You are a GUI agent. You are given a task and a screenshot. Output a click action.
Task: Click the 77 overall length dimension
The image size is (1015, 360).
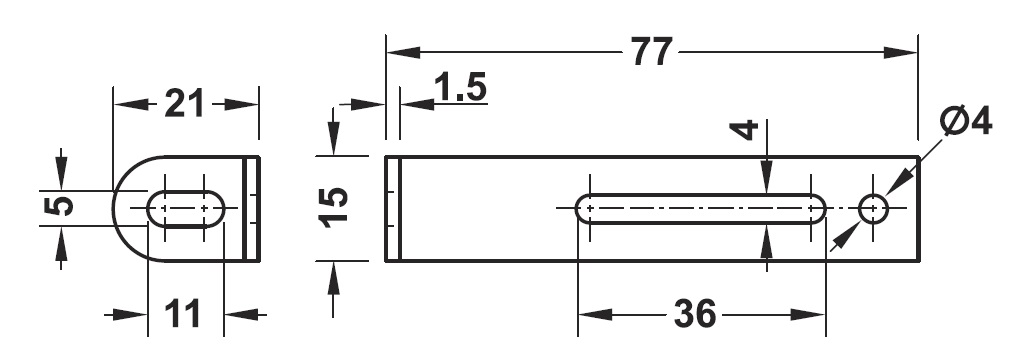point(652,52)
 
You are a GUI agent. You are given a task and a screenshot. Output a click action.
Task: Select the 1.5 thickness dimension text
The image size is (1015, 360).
point(460,87)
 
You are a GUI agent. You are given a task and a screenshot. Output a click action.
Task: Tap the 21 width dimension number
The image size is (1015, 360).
point(184,104)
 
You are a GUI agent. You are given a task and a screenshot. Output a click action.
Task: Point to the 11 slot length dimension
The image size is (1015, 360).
point(183,315)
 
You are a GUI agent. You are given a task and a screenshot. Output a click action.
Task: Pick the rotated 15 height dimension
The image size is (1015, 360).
point(334,207)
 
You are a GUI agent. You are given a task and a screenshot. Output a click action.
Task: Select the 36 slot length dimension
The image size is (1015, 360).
point(695,315)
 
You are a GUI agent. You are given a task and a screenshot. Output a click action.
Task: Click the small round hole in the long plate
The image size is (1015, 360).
point(874,208)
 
